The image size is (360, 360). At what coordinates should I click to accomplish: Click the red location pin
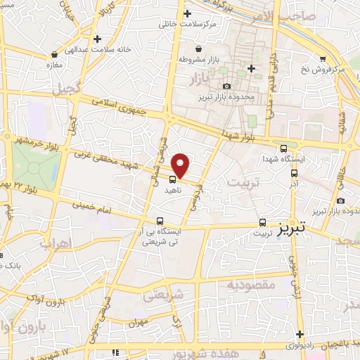click(181, 164)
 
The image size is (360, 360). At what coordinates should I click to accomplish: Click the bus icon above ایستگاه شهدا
click(283, 148)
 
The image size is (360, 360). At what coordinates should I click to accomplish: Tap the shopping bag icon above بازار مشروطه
click(200, 49)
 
